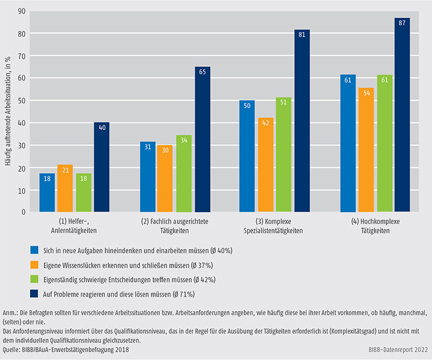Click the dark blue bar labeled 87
point(402,115)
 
